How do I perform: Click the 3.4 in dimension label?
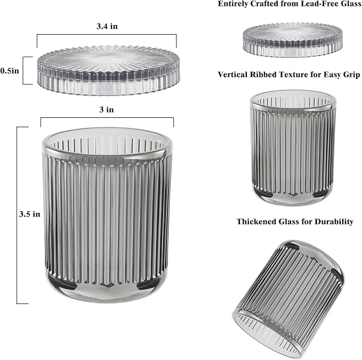click(x=107, y=26)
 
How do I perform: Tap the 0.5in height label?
click(x=10, y=70)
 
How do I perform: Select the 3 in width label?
click(x=107, y=109)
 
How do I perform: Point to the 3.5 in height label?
click(x=29, y=214)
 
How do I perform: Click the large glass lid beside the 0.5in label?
click(x=109, y=70)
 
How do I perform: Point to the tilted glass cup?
click(x=288, y=299)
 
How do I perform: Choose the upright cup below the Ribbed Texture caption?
click(x=293, y=148)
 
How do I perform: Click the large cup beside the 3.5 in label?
click(x=107, y=215)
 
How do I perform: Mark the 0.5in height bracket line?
click(x=23, y=70)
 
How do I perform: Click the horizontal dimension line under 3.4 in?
click(x=107, y=35)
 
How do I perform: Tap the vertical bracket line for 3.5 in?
click(x=17, y=215)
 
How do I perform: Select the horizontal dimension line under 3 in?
click(x=107, y=118)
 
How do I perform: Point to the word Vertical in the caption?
click(x=232, y=75)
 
